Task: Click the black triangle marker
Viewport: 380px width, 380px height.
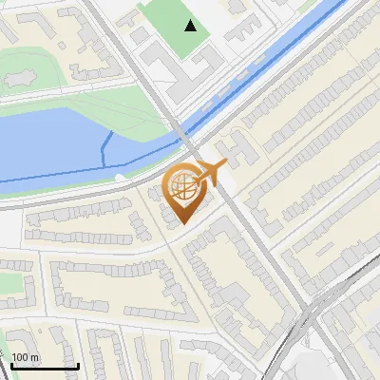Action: coord(192,26)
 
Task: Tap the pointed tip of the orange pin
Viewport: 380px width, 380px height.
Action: coord(182,224)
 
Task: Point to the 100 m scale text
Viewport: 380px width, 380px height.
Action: coord(27,357)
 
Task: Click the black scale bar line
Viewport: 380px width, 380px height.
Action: coord(45,366)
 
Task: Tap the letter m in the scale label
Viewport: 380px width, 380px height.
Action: coord(35,357)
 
